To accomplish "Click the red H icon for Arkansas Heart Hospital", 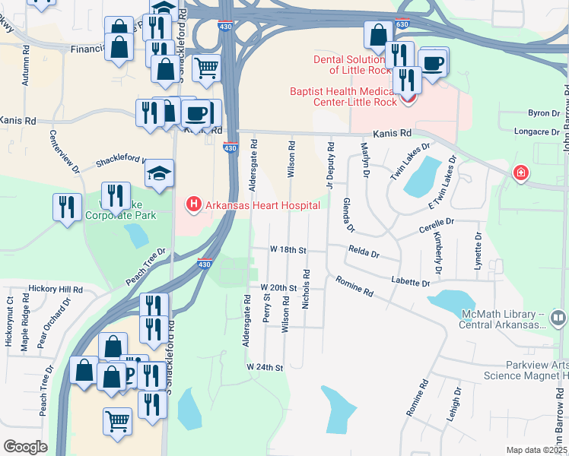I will (194, 204).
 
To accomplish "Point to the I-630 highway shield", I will (402, 25).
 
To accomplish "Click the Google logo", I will (24, 447).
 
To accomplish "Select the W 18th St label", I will (288, 249).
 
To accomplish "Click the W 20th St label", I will (277, 288).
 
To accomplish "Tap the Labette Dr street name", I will (411, 282).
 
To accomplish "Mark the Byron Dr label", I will (543, 113).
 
